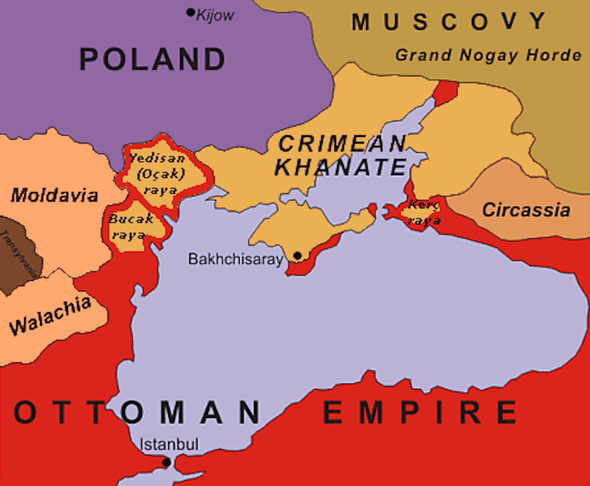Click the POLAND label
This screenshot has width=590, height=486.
152,59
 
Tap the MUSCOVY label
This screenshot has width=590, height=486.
449,22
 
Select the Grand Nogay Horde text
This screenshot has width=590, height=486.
488,55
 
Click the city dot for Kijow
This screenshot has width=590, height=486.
190,12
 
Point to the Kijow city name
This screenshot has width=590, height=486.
215,16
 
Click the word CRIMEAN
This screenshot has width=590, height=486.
342,144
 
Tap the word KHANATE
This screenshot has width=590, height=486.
340,167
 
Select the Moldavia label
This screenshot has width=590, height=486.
55,195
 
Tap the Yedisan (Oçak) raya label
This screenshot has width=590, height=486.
157,174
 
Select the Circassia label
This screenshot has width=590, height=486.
526,210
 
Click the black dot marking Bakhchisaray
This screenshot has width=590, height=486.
297,256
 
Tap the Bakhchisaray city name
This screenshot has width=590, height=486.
236,259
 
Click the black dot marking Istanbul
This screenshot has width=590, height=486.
167,462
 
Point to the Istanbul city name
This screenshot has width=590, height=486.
169,445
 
